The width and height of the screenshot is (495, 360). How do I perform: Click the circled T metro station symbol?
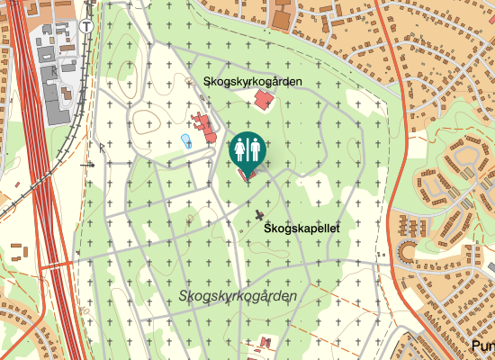(x=86, y=26)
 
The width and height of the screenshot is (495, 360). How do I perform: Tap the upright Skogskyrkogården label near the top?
(x=253, y=81)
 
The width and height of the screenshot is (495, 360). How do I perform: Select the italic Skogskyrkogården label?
(x=238, y=296)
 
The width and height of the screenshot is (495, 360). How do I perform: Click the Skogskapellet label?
(x=301, y=229)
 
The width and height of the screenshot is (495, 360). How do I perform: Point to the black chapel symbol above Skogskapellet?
(x=261, y=215)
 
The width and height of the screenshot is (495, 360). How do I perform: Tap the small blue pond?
(x=186, y=141)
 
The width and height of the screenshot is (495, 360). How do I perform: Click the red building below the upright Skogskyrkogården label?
(x=263, y=99)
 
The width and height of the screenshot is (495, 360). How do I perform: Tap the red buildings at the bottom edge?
(x=265, y=344)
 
